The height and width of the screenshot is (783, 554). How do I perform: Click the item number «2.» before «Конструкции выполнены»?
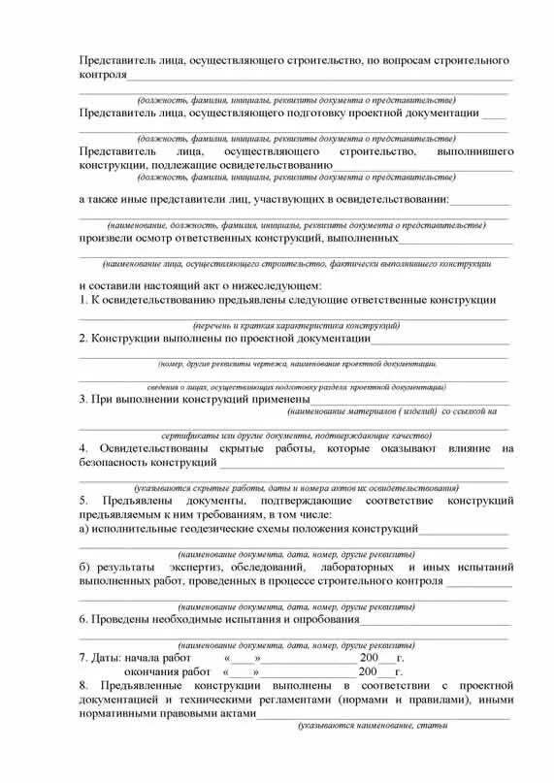pos(83,339)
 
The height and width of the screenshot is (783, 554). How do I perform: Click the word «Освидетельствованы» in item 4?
pos(160,448)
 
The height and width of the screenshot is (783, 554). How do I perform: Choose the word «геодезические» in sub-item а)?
pos(228,529)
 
